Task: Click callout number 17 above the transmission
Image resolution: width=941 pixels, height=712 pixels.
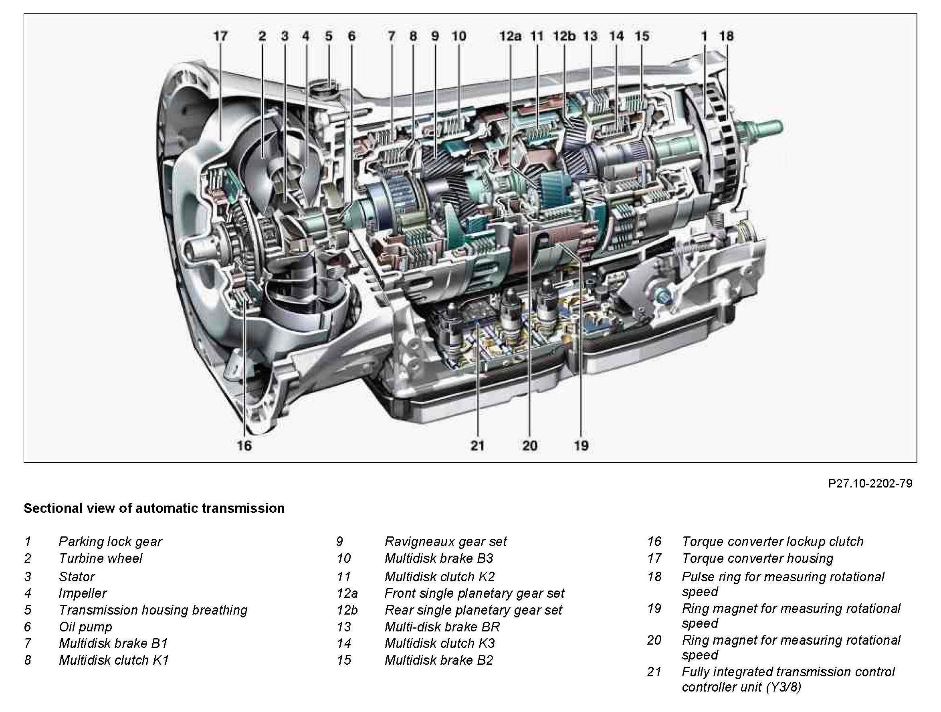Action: click(x=220, y=36)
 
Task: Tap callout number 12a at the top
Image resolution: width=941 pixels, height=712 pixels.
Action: click(x=510, y=36)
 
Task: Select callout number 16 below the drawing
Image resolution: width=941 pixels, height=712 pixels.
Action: click(x=244, y=445)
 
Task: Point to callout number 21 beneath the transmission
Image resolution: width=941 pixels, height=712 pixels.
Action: click(x=477, y=445)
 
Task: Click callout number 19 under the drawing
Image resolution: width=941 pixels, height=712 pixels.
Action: click(x=581, y=445)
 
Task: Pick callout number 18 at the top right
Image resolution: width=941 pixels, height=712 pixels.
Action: click(x=727, y=36)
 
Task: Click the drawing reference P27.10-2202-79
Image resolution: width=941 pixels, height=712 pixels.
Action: click(x=870, y=484)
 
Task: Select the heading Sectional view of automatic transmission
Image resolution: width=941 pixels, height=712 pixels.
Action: click(x=154, y=508)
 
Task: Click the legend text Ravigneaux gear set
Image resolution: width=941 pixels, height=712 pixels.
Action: click(x=445, y=541)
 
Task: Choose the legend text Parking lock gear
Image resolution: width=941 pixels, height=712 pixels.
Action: click(x=110, y=541)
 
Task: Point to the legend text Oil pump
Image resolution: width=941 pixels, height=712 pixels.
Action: click(x=85, y=627)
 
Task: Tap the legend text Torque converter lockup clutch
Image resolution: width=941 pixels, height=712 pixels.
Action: click(x=773, y=541)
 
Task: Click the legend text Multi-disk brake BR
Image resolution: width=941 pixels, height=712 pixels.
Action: click(x=442, y=627)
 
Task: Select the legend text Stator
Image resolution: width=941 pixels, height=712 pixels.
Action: click(x=77, y=576)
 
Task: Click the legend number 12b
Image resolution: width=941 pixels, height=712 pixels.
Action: click(x=347, y=610)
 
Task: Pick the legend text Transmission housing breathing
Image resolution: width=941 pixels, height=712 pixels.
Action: click(x=153, y=610)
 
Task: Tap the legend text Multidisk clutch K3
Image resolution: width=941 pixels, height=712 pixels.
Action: click(x=440, y=643)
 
